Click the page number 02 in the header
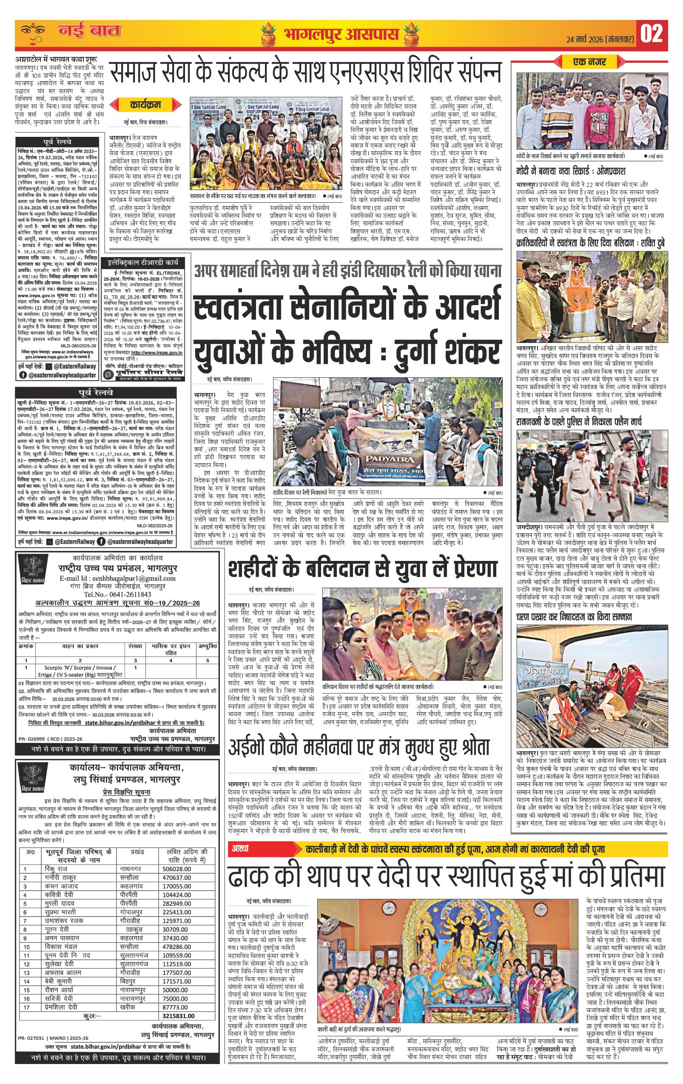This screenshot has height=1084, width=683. [652, 34]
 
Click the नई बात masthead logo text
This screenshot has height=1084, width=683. [89, 31]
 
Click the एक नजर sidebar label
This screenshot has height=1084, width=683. [589, 62]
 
